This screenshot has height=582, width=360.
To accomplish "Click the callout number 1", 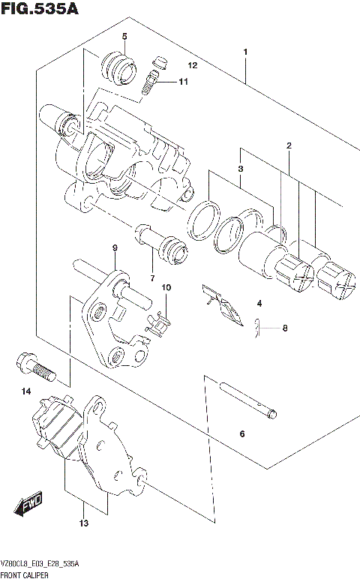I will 245,52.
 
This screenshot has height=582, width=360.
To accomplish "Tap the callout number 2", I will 289,145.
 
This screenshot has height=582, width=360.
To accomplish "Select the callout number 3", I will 241,169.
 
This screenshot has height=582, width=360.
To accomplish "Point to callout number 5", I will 124,37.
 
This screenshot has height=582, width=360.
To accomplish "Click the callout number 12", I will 192,66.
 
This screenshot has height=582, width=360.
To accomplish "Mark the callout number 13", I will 85,523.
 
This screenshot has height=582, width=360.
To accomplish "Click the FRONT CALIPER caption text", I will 25,574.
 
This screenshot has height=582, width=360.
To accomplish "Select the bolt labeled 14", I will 33,367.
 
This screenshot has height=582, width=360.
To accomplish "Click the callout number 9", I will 115,248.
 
